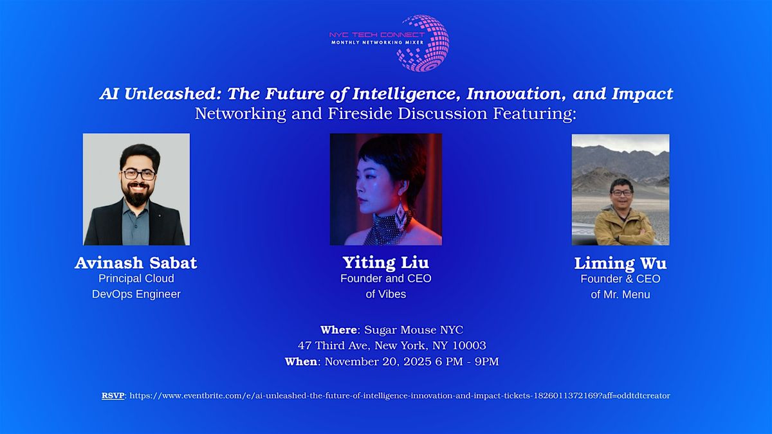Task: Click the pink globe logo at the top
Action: (x=423, y=43)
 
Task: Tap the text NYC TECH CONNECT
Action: (x=377, y=35)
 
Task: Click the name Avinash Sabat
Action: (x=136, y=263)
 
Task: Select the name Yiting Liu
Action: (x=385, y=263)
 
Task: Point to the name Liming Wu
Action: (x=620, y=264)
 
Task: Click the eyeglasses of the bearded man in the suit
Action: (x=139, y=175)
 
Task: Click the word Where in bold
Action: (x=338, y=330)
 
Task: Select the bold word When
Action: (x=301, y=361)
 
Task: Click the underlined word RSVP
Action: (x=113, y=396)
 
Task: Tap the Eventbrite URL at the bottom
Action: (x=400, y=396)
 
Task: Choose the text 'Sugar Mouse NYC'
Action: (x=414, y=330)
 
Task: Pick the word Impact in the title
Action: (x=642, y=94)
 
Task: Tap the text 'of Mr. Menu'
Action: (x=620, y=295)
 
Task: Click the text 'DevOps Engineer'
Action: (x=136, y=294)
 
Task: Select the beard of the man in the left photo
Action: (x=138, y=195)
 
